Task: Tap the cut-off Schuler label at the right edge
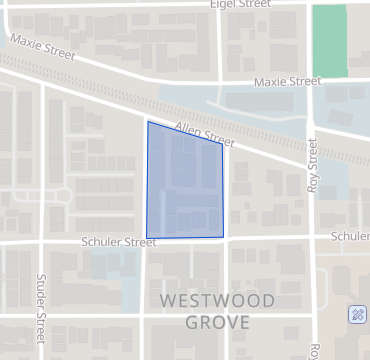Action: (x=351, y=236)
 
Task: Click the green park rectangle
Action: (x=329, y=40)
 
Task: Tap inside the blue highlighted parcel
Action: (x=184, y=185)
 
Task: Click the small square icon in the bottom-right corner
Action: (x=357, y=315)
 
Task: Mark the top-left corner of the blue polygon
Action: (x=148, y=122)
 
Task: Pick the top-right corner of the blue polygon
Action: (x=222, y=146)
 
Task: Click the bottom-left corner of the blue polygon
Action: (x=146, y=239)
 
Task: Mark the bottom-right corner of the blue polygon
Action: (x=223, y=237)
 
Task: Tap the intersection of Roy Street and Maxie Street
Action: (x=312, y=82)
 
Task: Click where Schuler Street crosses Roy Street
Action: (x=313, y=237)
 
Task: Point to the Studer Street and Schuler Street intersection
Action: (x=42, y=242)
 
